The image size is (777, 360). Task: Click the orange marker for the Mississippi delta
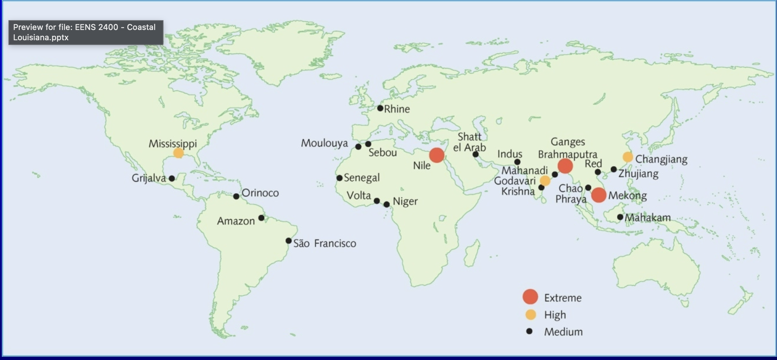coord(179,153)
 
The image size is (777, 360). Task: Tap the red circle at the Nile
coord(437,155)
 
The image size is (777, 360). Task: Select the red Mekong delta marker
coord(598,195)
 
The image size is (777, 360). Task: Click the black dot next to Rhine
coord(380,108)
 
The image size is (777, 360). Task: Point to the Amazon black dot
coord(261,218)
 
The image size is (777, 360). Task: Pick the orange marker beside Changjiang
coord(628,157)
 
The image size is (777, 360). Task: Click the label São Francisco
coord(324,243)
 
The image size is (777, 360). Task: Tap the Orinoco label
coord(260,193)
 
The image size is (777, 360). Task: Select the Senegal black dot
coord(339,178)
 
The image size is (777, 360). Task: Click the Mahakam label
coord(647,218)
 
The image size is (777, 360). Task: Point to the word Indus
coord(510,154)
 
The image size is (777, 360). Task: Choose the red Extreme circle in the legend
coord(530,297)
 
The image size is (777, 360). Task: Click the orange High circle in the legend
coord(530,315)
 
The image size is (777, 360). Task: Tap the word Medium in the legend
coord(563,332)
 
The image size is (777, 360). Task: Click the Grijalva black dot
coord(172,179)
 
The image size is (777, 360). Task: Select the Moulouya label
coord(324,143)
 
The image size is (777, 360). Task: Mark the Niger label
coord(405,201)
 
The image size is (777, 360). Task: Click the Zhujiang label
coord(638,173)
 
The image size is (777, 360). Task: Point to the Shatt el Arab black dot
coord(476,154)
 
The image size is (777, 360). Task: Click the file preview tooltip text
coord(85,32)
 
